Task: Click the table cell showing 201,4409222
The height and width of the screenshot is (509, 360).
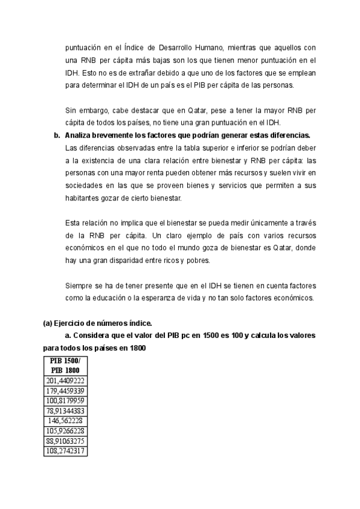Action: click(x=65, y=380)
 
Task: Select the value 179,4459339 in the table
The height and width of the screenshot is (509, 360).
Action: click(x=65, y=390)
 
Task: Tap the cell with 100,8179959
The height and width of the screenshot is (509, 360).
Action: click(x=65, y=400)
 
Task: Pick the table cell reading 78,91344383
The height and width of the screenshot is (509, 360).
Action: click(x=65, y=411)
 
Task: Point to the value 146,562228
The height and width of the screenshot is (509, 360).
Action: click(x=65, y=421)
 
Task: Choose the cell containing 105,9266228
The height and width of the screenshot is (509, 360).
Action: click(x=65, y=430)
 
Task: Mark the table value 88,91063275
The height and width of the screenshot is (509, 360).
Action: click(x=65, y=441)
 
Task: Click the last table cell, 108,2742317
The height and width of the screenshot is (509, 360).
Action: click(x=65, y=451)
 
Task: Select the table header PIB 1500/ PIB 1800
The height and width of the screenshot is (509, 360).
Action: click(x=65, y=366)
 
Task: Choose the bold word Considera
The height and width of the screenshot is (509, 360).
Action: click(x=90, y=335)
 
